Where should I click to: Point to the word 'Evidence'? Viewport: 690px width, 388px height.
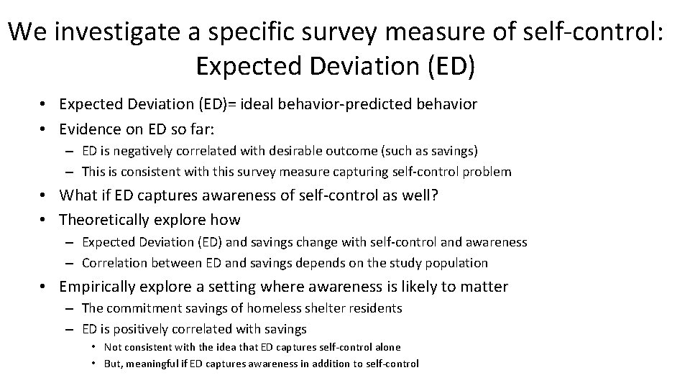pyautogui.click(x=88, y=129)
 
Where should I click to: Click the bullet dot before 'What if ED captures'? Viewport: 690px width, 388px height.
pyautogui.click(x=45, y=195)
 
